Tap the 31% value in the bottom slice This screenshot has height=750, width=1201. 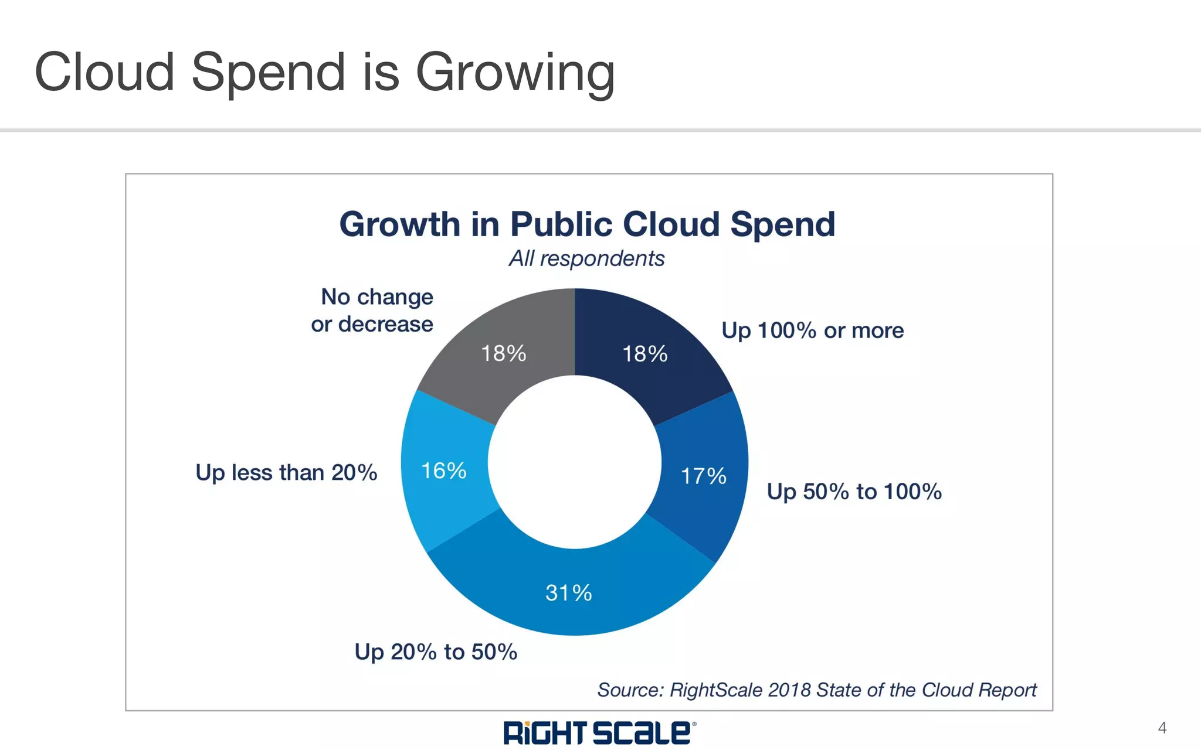(x=568, y=593)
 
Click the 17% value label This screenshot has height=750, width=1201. (x=703, y=476)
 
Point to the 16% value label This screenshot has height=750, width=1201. (x=444, y=471)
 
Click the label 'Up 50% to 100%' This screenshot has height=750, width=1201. (x=854, y=492)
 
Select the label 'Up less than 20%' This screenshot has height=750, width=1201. (x=286, y=472)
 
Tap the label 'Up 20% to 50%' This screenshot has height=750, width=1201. (x=436, y=652)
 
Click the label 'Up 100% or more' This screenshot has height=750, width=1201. (x=812, y=330)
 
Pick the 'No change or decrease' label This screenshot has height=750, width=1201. (x=373, y=310)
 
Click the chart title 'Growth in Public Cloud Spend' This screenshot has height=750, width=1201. (x=587, y=224)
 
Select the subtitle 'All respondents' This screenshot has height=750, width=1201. (x=586, y=258)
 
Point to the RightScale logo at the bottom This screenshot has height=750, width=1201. (x=599, y=732)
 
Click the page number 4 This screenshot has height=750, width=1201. (x=1162, y=728)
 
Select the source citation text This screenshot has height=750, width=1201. (x=816, y=690)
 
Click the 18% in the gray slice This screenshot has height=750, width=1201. (x=503, y=353)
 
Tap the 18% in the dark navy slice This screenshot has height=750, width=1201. (x=644, y=354)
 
